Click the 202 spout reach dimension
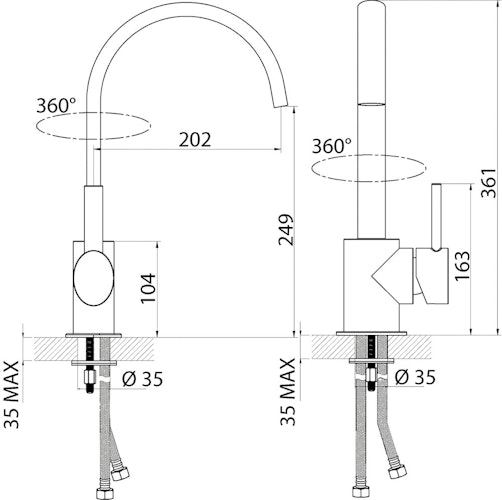pyautogui.click(x=195, y=139)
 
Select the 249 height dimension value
pyautogui.click(x=286, y=230)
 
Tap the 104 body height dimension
pyautogui.click(x=148, y=288)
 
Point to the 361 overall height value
pyautogui.click(x=489, y=183)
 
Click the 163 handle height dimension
pyautogui.click(x=462, y=266)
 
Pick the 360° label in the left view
pyautogui.click(x=56, y=105)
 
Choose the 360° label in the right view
pyautogui.click(x=332, y=146)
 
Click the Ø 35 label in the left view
pyautogui.click(x=142, y=379)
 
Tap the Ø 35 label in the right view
pyautogui.click(x=415, y=377)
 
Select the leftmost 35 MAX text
pyautogui.click(x=11, y=395)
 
